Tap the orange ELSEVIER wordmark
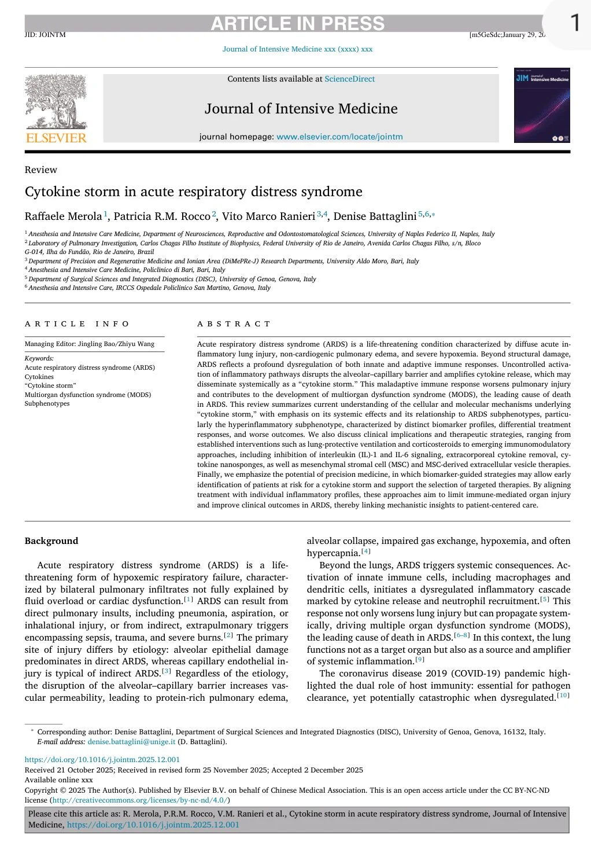pyautogui.click(x=56, y=138)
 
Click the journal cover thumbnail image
pyautogui.click(x=542, y=105)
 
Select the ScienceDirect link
pyautogui.click(x=349, y=79)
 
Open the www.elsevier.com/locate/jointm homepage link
pyautogui.click(x=339, y=137)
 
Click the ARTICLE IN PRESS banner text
pyautogui.click(x=297, y=24)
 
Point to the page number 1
pyautogui.click(x=574, y=23)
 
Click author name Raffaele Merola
pyautogui.click(x=63, y=216)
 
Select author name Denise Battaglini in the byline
pyautogui.click(x=375, y=216)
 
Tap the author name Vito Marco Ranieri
pyautogui.click(x=268, y=216)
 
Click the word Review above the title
pyautogui.click(x=41, y=170)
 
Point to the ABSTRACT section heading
pyautogui.click(x=234, y=324)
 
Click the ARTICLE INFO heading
pyautogui.click(x=77, y=324)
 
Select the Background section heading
pyautogui.click(x=51, y=541)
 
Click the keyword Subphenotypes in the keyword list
pyautogui.click(x=47, y=403)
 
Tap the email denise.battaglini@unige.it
pyautogui.click(x=131, y=741)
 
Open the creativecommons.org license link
pyautogui.click(x=140, y=800)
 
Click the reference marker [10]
pyautogui.click(x=563, y=696)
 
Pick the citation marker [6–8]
pyautogui.click(x=462, y=635)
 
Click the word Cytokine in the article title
pyautogui.click(x=52, y=192)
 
